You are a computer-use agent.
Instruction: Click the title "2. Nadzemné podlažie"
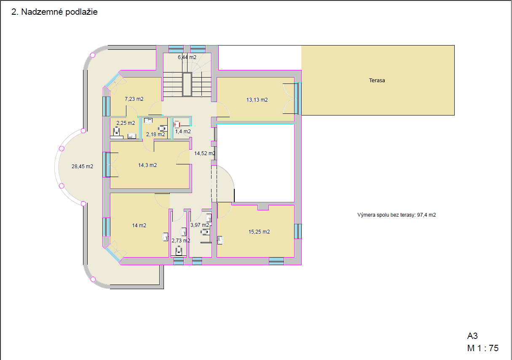(x=54, y=12)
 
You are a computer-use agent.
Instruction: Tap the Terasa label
(x=377, y=80)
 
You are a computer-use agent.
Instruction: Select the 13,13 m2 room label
(x=257, y=100)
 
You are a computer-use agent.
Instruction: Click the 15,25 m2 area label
(x=259, y=232)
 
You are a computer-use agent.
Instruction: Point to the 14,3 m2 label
(x=147, y=165)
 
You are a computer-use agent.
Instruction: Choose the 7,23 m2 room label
(x=134, y=99)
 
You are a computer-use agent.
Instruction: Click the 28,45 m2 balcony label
(x=82, y=167)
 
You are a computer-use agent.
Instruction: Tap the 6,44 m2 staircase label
(x=187, y=57)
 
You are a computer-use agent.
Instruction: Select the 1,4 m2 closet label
(x=183, y=132)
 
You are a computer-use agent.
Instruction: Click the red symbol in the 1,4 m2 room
(x=177, y=125)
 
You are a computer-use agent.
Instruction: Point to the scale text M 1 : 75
(x=483, y=348)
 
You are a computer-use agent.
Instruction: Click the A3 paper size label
(x=472, y=336)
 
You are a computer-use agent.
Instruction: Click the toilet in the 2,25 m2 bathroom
(x=116, y=131)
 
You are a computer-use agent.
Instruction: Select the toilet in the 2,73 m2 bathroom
(x=179, y=251)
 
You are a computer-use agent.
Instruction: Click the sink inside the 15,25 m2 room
(x=220, y=240)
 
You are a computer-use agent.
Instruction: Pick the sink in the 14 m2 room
(x=165, y=237)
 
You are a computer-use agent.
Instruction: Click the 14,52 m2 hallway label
(x=205, y=153)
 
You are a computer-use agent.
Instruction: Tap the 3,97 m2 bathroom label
(x=200, y=225)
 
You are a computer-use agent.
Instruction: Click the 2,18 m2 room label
(x=155, y=134)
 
